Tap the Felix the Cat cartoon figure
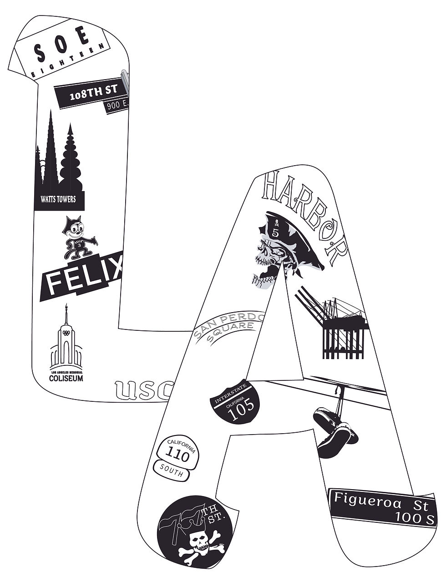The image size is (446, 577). click(77, 241)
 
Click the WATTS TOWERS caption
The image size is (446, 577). click(58, 199)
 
